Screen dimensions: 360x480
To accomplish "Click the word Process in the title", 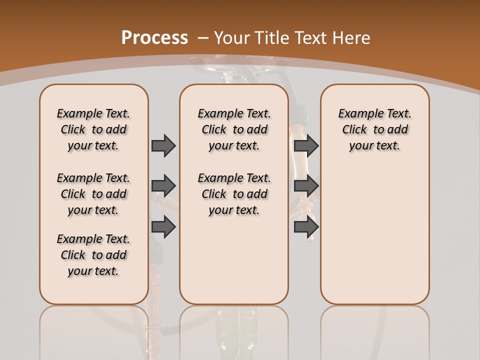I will pos(154,38).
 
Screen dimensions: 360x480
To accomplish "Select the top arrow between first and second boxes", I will pos(163,145).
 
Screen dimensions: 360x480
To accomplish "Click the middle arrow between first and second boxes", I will pos(163,186).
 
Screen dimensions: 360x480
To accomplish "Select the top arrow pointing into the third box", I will pos(306,145).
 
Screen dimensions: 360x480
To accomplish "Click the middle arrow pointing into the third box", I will pos(306,186).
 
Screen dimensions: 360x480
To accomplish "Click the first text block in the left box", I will pos(93,129).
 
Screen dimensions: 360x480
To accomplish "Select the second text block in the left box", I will pos(93,194).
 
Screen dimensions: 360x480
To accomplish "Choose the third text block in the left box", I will pos(93,255).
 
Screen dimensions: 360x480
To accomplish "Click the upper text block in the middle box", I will pos(234,129).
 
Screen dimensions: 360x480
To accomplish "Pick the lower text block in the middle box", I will pos(234,194).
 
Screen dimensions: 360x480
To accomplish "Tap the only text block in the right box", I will pos(375,129).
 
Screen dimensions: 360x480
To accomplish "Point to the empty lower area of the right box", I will pos(375,235).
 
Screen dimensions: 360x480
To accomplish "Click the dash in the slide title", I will pos(203,38).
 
